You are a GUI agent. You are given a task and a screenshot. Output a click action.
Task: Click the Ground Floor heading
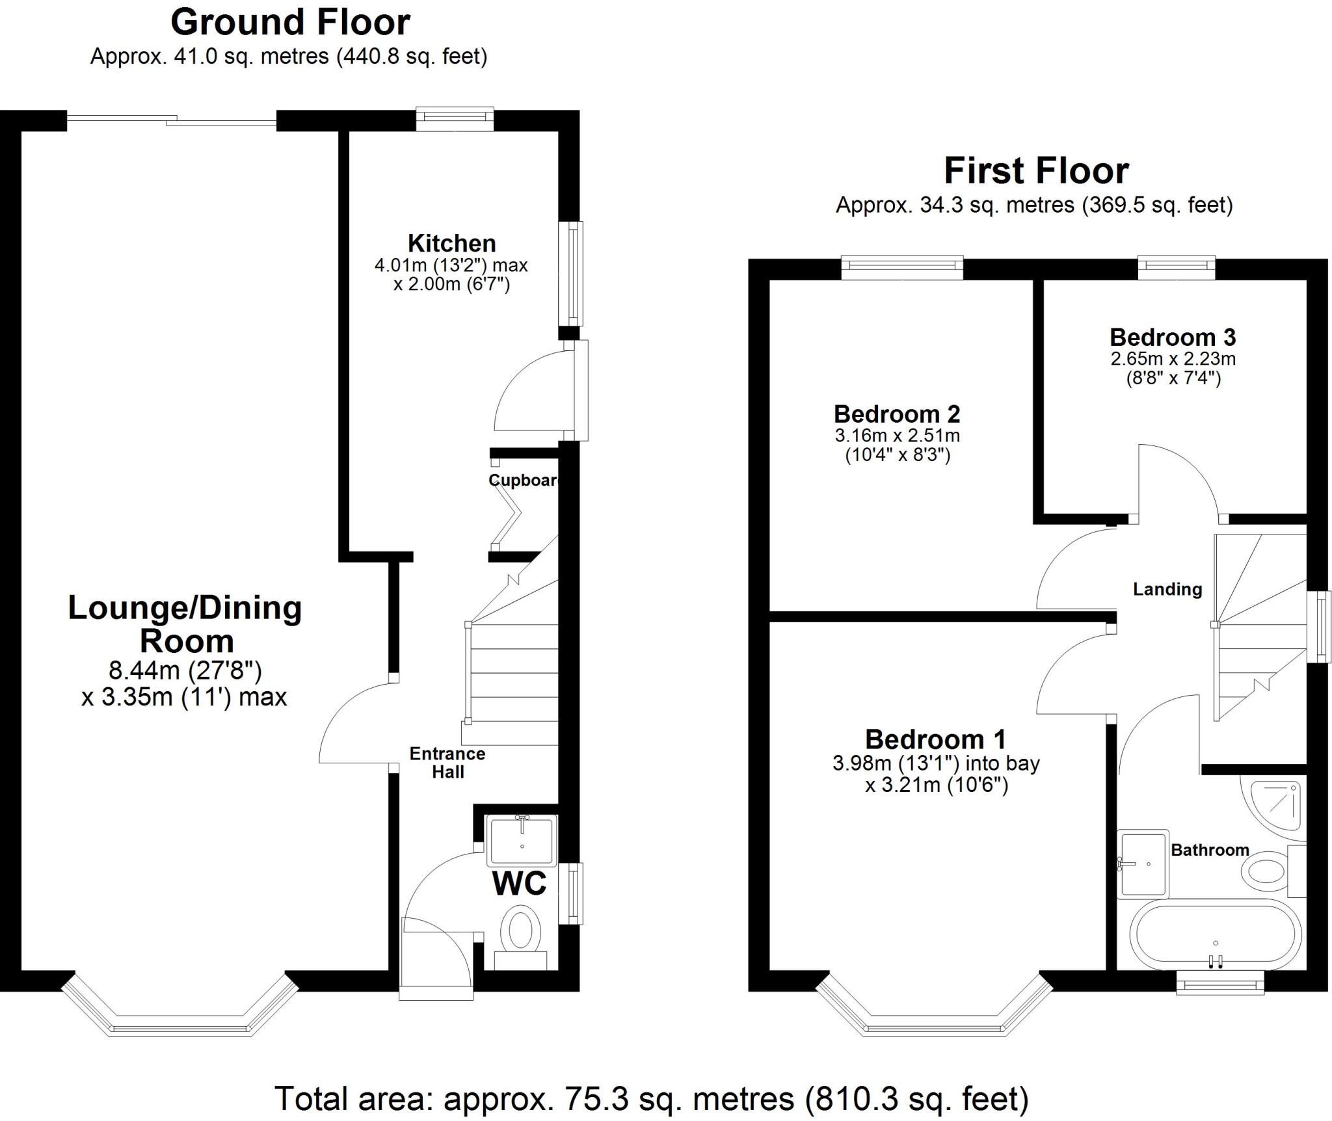click(290, 23)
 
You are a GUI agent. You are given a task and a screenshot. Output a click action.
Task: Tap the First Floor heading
click(1036, 171)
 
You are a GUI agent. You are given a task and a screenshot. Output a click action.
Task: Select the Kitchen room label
click(451, 243)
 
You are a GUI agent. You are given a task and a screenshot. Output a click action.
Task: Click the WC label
click(519, 884)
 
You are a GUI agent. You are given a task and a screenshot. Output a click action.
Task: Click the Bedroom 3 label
click(1172, 337)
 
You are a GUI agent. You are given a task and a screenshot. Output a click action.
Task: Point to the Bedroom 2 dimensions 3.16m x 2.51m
click(897, 435)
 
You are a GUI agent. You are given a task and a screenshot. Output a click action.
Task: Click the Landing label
click(1167, 589)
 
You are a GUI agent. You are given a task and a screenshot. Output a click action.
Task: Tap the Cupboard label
click(523, 480)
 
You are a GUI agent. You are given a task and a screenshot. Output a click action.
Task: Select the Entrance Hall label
click(447, 763)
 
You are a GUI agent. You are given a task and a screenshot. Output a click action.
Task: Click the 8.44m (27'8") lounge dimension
click(185, 670)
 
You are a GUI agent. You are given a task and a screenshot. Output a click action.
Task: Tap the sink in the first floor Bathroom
click(1142, 864)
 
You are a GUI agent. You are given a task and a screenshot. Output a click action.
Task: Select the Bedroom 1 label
click(935, 739)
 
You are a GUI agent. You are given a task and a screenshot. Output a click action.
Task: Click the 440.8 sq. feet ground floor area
click(411, 57)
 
